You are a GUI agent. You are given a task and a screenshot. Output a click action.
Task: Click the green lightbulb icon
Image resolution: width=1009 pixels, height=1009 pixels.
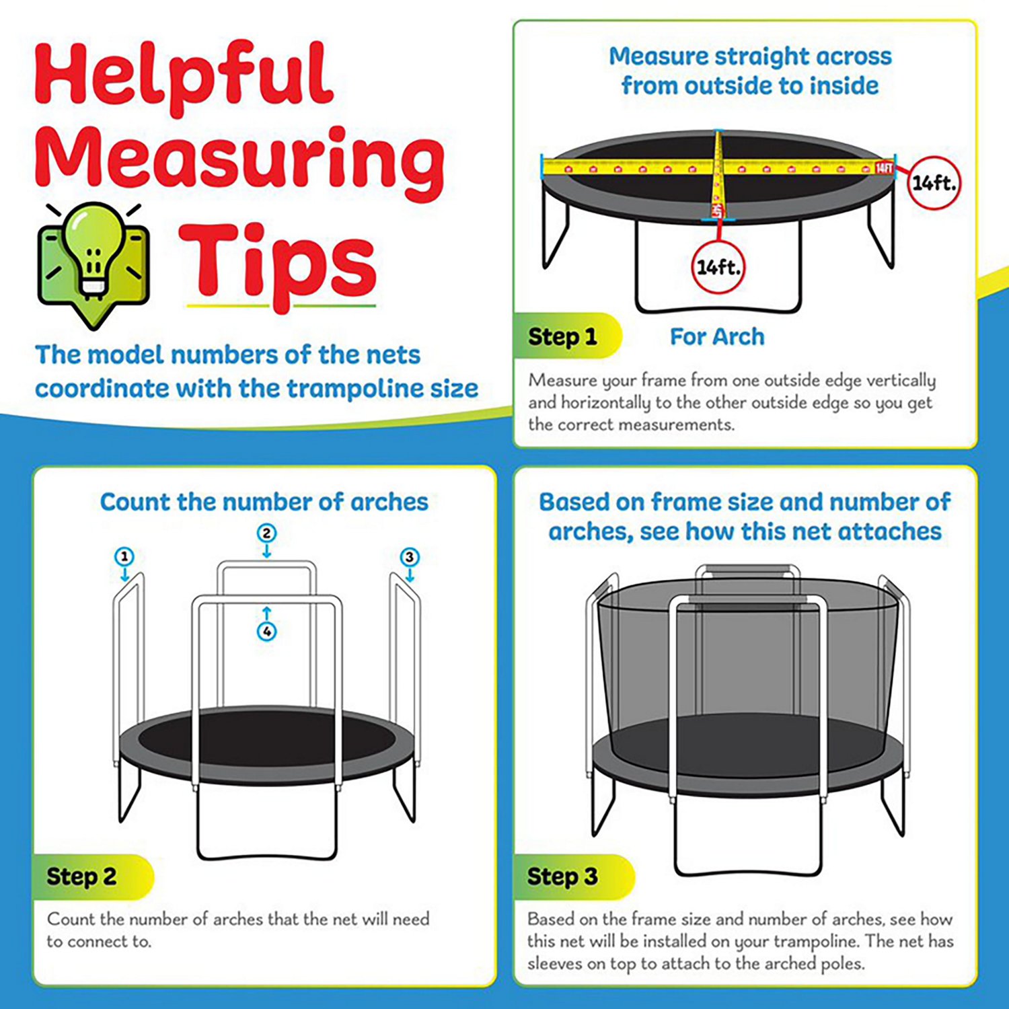click(x=94, y=256)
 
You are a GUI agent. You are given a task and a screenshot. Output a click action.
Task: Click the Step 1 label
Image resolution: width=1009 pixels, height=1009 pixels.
click(x=562, y=336)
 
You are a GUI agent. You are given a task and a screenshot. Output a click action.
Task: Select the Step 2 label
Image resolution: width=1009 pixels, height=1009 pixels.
click(x=81, y=876)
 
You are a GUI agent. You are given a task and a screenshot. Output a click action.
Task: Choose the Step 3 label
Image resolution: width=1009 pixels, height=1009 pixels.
click(x=562, y=876)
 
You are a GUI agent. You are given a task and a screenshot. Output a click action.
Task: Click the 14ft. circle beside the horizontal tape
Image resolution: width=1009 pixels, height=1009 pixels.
click(x=934, y=182)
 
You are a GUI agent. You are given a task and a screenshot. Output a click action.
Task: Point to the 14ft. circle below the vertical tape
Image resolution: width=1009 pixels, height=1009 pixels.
click(x=718, y=268)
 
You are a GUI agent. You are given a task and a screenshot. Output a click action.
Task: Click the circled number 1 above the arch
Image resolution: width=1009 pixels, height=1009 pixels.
click(x=124, y=557)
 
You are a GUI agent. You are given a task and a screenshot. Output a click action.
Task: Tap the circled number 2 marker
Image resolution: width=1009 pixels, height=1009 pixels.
click(x=267, y=533)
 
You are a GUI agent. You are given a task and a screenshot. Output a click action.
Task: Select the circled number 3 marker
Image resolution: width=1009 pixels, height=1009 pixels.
click(x=410, y=557)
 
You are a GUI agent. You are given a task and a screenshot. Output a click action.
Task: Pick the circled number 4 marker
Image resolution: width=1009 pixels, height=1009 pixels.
click(x=267, y=632)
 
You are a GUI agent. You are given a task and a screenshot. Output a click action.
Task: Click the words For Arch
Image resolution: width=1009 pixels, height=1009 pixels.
click(x=717, y=336)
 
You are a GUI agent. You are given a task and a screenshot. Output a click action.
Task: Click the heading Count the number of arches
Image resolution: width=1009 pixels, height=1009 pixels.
click(x=264, y=502)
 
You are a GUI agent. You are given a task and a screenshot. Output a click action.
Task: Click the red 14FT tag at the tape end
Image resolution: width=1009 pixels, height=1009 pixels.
click(x=884, y=167)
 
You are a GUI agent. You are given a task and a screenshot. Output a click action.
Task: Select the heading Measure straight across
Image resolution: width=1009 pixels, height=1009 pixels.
click(x=750, y=57)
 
